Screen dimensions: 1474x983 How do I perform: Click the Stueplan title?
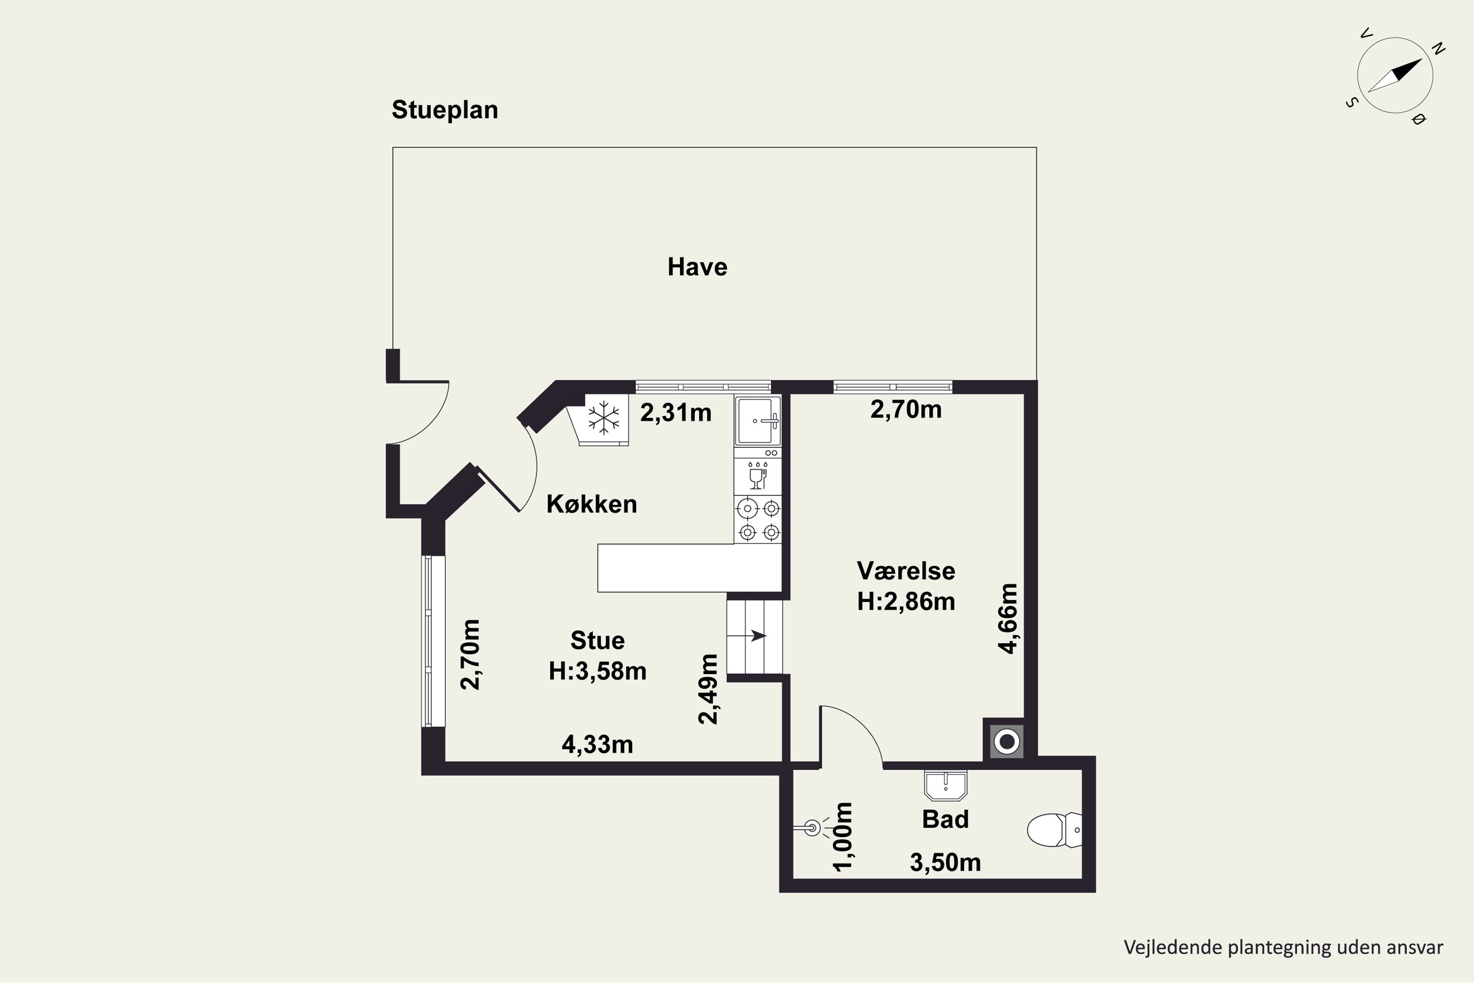pyautogui.click(x=445, y=110)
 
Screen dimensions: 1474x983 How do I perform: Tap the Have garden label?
pyautogui.click(x=698, y=267)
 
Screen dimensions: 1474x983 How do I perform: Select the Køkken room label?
pyautogui.click(x=592, y=504)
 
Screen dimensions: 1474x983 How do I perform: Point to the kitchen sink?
pyautogui.click(x=758, y=421)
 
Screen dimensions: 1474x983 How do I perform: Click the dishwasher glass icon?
pyautogui.click(x=758, y=475)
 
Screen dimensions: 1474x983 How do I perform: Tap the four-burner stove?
pyautogui.click(x=758, y=519)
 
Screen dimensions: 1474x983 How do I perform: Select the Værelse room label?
pyautogui.click(x=906, y=571)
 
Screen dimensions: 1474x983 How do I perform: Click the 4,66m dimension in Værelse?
pyautogui.click(x=1008, y=618)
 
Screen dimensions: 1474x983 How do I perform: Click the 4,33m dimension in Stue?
pyautogui.click(x=597, y=745)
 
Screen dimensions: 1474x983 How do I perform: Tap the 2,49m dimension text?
pyautogui.click(x=708, y=689)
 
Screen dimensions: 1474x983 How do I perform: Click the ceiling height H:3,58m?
pyautogui.click(x=598, y=671)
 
